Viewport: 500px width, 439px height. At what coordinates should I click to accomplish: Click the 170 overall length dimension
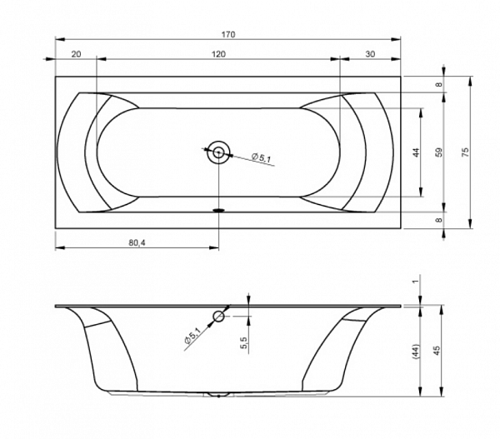click(x=228, y=34)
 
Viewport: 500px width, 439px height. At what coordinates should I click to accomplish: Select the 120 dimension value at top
click(x=218, y=54)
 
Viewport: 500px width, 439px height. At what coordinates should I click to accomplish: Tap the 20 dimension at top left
click(x=76, y=54)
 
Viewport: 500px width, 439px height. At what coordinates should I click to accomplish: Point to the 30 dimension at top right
click(x=370, y=54)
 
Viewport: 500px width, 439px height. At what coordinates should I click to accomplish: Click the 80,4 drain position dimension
click(x=137, y=243)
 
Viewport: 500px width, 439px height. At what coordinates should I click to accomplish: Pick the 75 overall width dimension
click(x=465, y=152)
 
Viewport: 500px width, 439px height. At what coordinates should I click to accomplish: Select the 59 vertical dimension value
click(x=439, y=152)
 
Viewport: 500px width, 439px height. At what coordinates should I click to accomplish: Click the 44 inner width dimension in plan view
click(x=416, y=152)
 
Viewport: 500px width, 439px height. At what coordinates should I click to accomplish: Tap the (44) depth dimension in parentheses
click(x=416, y=352)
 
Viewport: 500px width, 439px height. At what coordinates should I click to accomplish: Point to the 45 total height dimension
click(x=437, y=351)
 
